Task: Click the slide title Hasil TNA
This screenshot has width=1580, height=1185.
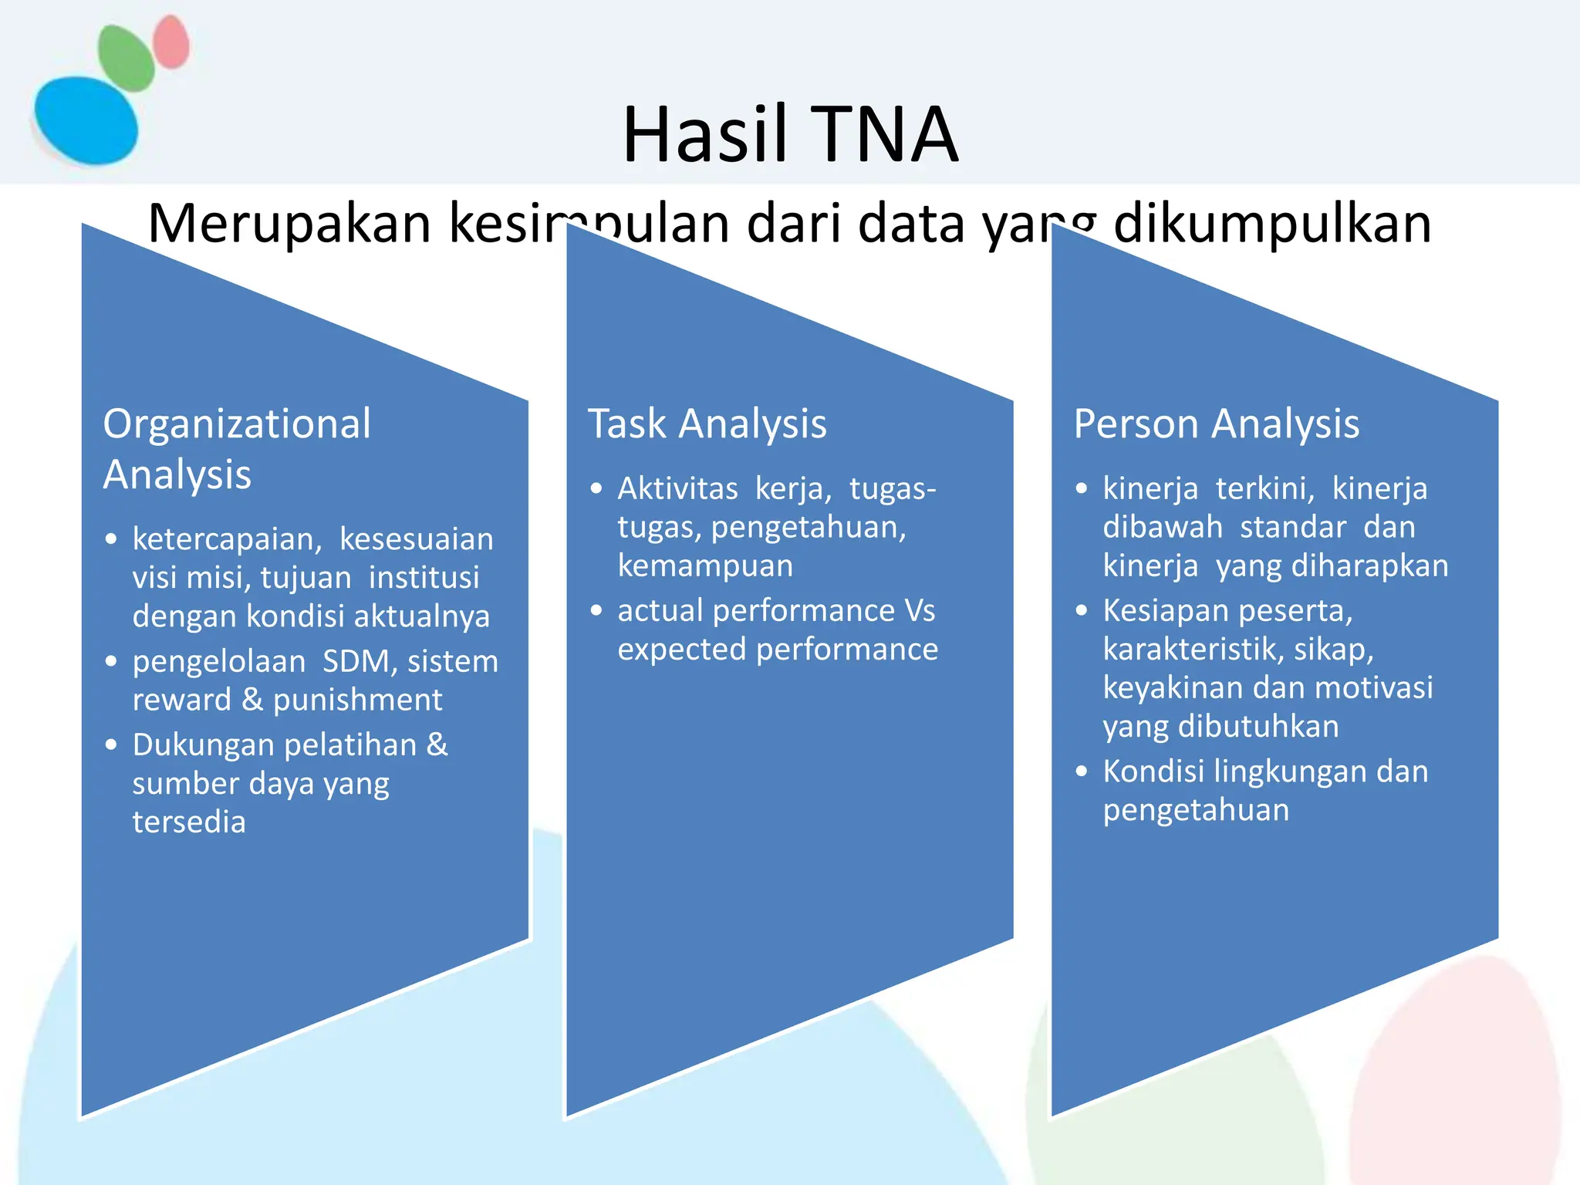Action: pos(790,135)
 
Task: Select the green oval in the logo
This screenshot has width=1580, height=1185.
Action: pos(126,58)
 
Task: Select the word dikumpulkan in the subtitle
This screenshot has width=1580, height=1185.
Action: pos(1272,224)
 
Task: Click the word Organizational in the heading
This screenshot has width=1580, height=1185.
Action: pos(237,424)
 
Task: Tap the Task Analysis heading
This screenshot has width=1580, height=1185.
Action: pos(707,424)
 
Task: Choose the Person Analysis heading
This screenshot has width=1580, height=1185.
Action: pos(1216,424)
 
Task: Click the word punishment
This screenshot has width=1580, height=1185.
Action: pos(357,700)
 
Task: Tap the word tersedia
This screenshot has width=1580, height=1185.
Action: pos(189,822)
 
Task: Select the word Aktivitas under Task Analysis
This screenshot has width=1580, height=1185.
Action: pos(677,488)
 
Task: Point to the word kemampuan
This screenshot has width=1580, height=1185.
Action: pos(705,565)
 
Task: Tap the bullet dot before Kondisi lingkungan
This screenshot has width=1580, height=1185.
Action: pos(1082,771)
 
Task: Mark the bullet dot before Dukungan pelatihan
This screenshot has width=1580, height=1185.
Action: pos(112,744)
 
